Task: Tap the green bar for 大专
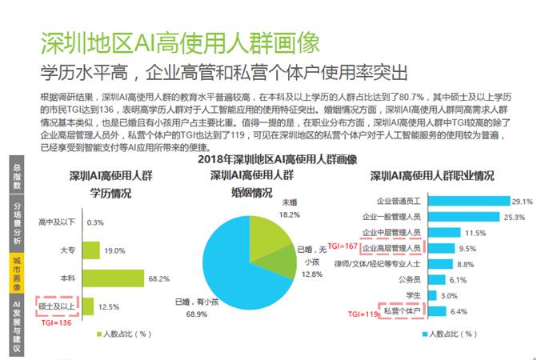92,250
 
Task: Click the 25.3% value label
514,217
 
